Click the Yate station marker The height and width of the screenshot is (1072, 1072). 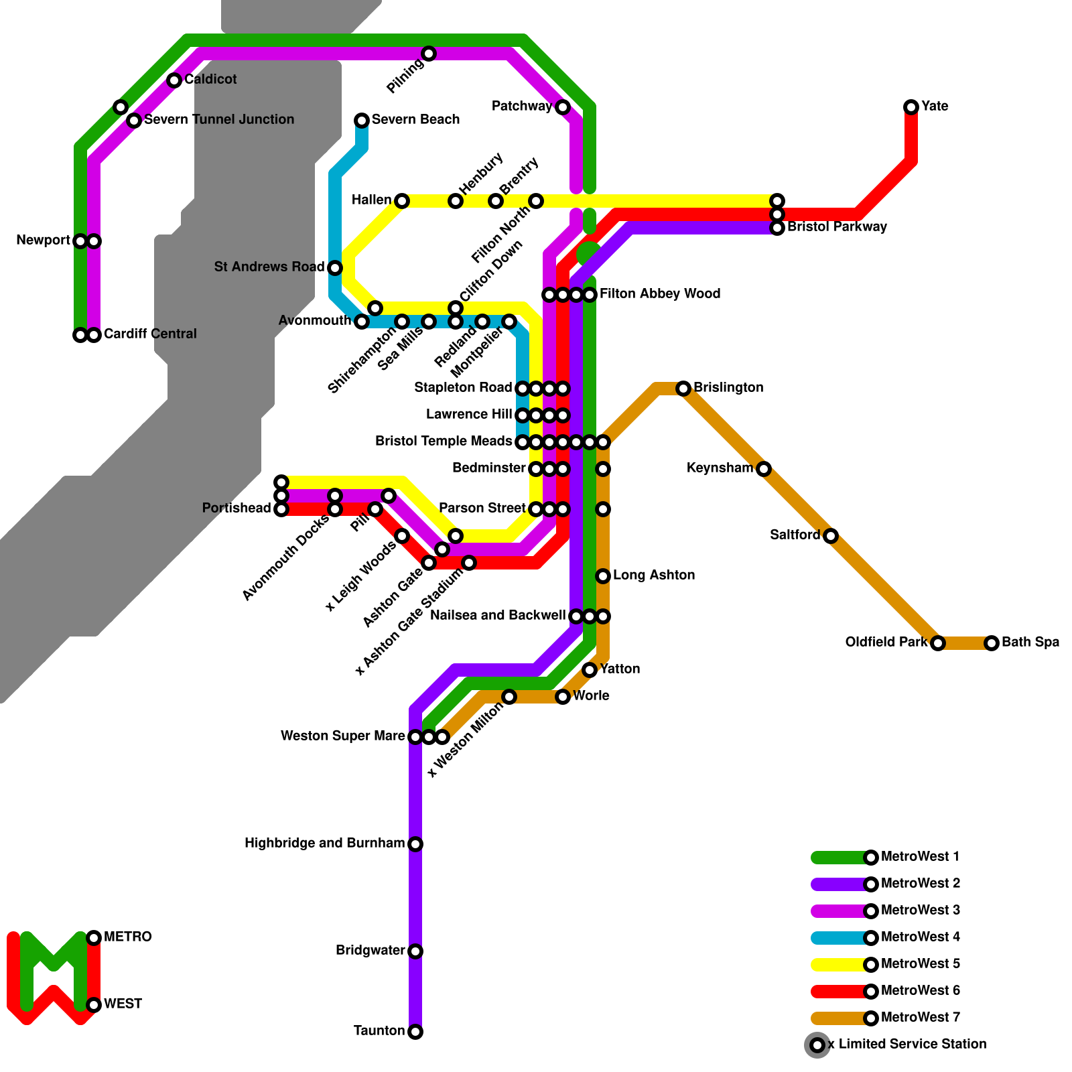911,107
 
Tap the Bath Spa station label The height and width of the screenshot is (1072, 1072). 1030,643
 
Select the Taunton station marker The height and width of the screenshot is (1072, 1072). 415,1032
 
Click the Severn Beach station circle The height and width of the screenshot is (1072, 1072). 362,121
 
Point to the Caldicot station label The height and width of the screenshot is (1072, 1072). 210,80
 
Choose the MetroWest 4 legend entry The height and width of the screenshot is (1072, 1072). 920,937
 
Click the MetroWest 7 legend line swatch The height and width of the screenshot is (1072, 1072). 837,1018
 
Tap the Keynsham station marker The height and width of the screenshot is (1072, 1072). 764,469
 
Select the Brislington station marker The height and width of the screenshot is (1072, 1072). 683,389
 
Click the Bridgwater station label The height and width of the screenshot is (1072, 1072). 370,951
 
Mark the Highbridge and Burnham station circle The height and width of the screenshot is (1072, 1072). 415,844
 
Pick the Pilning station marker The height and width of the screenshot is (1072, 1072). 429,54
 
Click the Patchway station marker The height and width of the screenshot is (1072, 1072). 563,107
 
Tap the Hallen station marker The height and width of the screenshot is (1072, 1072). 402,201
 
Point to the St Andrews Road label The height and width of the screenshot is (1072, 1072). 269,267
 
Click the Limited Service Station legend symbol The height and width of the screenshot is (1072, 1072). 817,1045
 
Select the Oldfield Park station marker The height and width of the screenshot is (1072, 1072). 938,643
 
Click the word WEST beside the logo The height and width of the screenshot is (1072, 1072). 123,1004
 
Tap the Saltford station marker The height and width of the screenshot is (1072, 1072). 831,536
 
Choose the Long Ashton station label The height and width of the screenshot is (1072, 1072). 653,576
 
